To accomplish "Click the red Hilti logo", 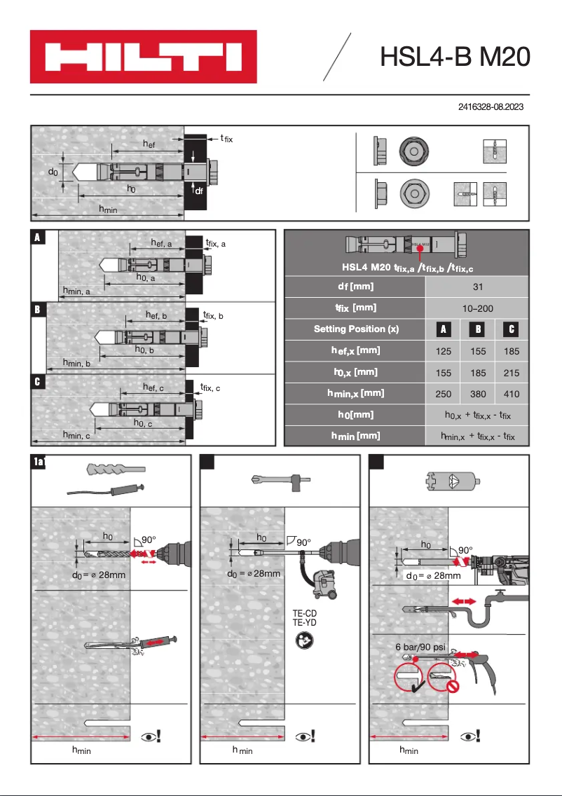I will click(143, 57).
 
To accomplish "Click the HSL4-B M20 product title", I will click(454, 57).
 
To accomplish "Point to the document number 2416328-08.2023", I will click(491, 107).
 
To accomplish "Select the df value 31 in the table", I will click(477, 286).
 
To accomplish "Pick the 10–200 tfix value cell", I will click(477, 307).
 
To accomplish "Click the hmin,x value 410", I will click(512, 394).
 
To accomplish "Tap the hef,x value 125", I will click(443, 351).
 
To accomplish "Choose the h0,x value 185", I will click(477, 373).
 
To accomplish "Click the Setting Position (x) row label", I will click(355, 329).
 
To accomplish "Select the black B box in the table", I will click(477, 329).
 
